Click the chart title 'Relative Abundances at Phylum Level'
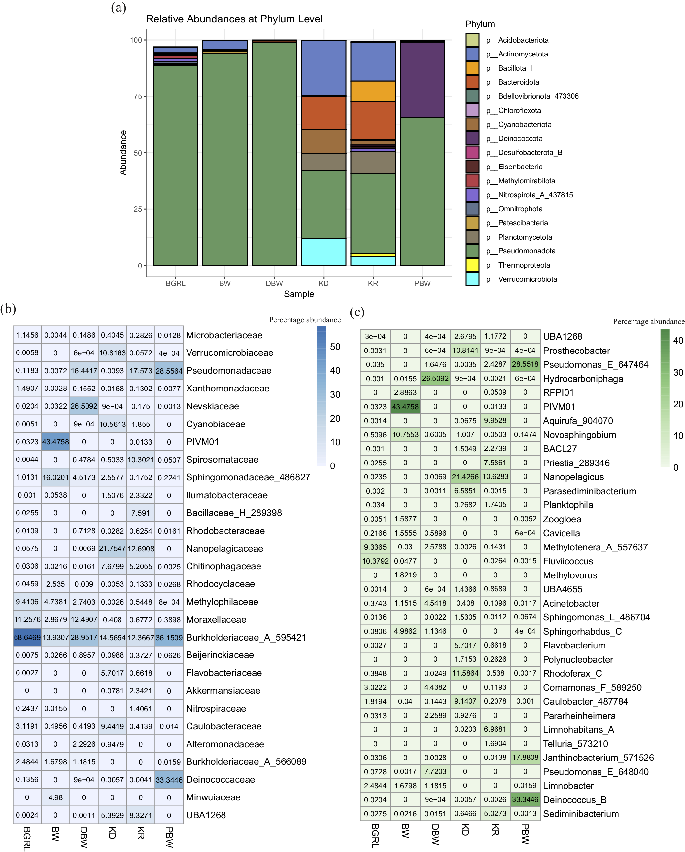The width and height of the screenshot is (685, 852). click(234, 19)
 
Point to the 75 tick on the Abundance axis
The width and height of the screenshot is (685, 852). click(137, 96)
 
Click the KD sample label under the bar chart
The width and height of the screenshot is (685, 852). click(323, 283)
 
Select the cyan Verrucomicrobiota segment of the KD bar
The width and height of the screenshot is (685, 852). click(323, 252)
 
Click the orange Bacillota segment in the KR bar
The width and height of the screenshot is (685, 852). click(373, 91)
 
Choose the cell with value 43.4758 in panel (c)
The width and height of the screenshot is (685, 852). click(405, 407)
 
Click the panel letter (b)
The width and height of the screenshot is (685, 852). click(8, 309)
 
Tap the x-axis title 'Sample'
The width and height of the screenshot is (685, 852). click(299, 294)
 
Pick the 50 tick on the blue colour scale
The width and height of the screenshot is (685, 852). click(335, 347)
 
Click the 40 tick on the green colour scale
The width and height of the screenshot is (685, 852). click(678, 341)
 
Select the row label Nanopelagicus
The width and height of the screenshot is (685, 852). click(573, 477)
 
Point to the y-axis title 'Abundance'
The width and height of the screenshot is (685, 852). click(123, 153)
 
